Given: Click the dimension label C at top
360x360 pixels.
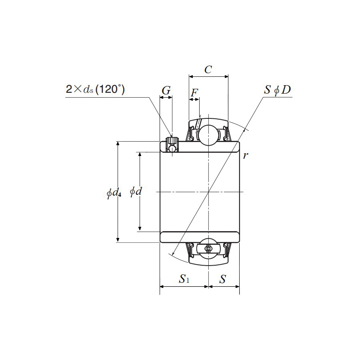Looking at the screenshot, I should [208, 70].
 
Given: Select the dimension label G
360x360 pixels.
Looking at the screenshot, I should [166, 91].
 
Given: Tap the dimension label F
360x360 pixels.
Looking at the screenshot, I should [194, 93].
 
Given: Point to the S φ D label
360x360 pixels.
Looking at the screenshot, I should [277, 90].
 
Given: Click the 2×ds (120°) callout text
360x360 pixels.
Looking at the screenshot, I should [95, 90].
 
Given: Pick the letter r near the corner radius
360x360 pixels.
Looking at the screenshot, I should [246, 155].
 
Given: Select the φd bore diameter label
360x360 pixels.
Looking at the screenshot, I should [136, 192].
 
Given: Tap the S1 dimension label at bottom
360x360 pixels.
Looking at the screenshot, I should [184, 279].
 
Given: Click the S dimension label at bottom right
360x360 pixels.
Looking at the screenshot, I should [223, 279].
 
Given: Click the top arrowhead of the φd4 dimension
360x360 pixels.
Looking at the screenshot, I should [118, 144].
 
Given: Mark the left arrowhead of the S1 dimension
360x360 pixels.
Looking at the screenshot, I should [162, 286].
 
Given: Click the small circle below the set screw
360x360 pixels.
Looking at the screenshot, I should [172, 149].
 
